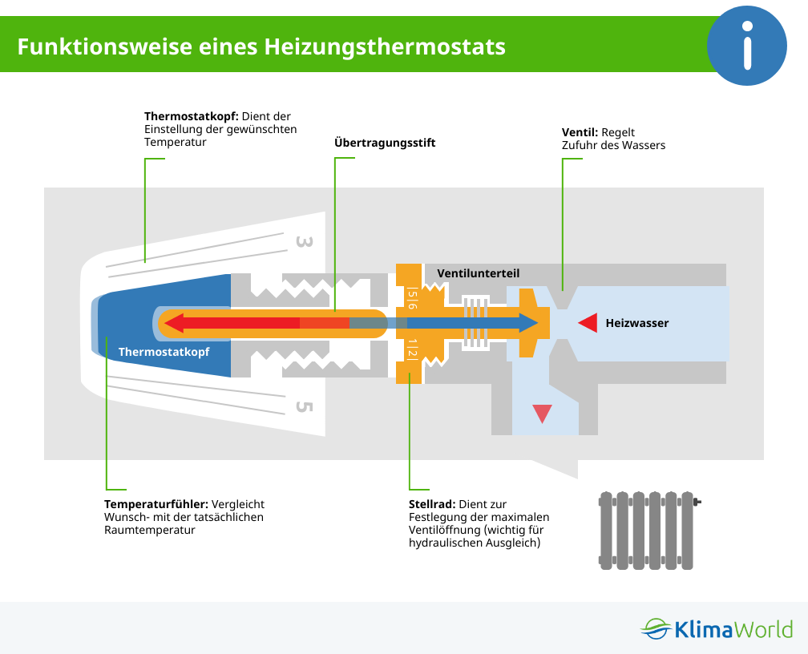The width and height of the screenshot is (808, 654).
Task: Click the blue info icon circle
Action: (747, 46)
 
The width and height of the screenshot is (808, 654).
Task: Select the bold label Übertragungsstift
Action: (385, 143)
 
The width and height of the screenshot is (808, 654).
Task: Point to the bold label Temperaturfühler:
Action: (156, 504)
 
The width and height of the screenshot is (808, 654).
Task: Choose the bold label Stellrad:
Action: (432, 504)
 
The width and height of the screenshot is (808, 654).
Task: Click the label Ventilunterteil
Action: (478, 273)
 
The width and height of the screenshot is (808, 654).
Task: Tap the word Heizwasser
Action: (636, 323)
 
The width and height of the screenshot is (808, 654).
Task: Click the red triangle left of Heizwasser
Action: (588, 323)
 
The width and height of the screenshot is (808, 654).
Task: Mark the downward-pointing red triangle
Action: (542, 413)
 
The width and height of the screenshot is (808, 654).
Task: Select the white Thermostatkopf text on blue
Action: (164, 351)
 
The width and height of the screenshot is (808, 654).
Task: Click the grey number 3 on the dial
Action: (303, 241)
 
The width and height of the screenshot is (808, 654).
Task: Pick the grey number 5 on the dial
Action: (303, 406)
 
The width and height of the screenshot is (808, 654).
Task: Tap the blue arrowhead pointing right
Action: (527, 323)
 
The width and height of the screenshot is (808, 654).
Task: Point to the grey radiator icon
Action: (647, 530)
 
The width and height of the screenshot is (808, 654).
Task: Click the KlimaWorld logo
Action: (717, 628)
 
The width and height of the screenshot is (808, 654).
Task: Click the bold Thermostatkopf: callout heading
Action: (191, 116)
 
